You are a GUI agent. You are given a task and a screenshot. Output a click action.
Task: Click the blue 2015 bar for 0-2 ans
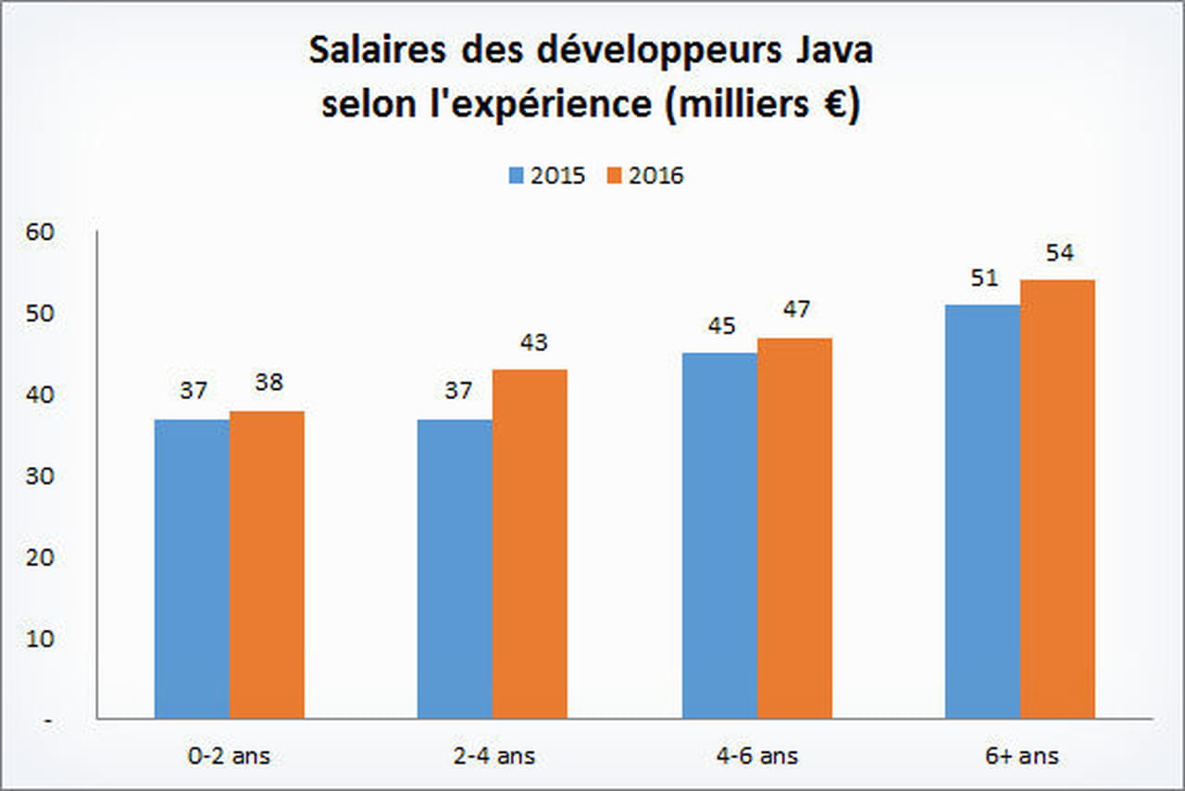[x=192, y=569]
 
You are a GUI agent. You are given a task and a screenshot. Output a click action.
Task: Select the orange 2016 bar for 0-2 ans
[x=267, y=565]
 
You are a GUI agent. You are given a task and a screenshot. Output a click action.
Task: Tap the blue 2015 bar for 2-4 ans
[x=455, y=569]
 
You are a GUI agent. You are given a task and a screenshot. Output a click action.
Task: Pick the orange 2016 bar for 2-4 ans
[x=530, y=545]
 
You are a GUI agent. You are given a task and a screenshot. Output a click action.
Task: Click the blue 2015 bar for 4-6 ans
[x=719, y=535]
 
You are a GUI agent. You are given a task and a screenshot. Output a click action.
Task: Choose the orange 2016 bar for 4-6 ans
[x=794, y=528]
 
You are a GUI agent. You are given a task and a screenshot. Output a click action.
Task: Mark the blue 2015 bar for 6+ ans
[x=982, y=511]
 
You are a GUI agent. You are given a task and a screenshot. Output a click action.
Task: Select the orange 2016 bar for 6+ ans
[x=1057, y=499]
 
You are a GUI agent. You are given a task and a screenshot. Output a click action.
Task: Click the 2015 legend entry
[x=546, y=176]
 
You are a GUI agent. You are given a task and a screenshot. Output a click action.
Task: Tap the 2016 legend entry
[x=645, y=176]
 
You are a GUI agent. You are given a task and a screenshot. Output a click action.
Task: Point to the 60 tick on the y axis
[x=44, y=232]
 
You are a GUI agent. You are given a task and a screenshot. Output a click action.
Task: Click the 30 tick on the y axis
[x=44, y=476]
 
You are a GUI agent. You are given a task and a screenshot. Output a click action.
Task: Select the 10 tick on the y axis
[x=44, y=638]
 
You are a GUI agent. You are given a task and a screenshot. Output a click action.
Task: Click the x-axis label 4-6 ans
[x=756, y=756]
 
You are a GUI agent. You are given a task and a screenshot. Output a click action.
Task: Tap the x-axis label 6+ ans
[x=1020, y=756]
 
